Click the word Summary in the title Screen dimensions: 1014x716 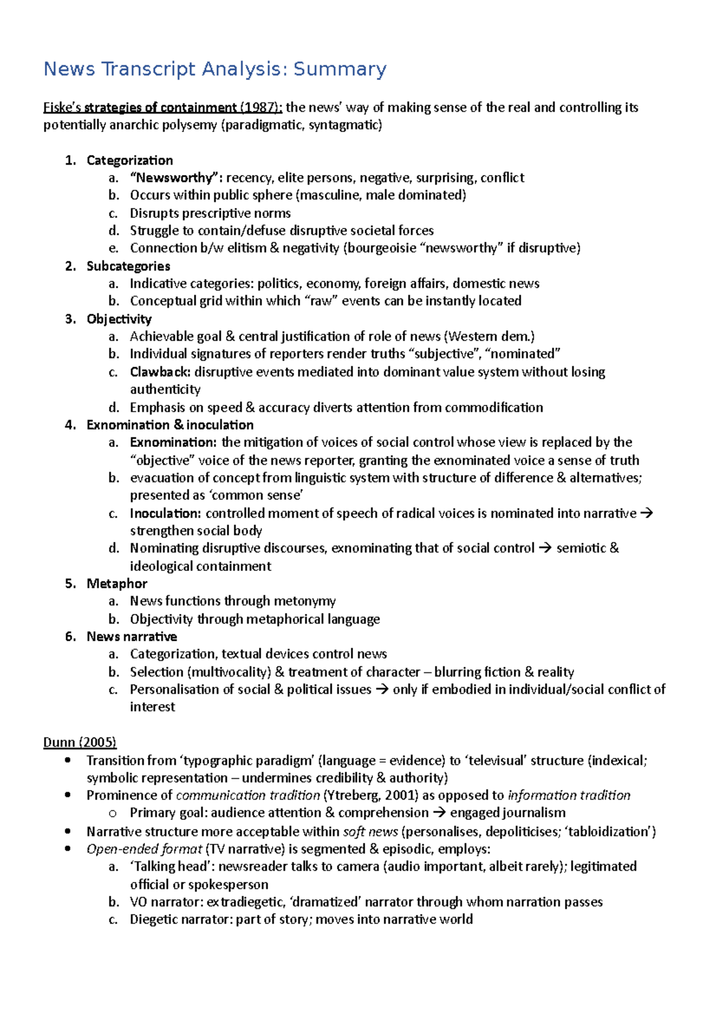tap(340, 69)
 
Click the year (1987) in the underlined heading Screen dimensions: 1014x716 tap(260, 107)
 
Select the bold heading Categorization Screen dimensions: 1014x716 tap(129, 160)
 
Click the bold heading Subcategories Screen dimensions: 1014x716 tap(128, 266)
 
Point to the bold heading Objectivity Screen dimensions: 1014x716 tap(119, 319)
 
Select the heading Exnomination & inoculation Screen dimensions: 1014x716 tap(170, 425)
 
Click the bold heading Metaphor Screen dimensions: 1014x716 tap(116, 583)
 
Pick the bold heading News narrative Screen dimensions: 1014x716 tap(131, 637)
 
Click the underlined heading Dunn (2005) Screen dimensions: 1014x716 tap(79, 742)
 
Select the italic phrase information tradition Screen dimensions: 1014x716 tap(569, 795)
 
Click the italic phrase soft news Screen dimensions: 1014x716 tap(370, 831)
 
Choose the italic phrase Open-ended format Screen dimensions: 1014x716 tap(144, 849)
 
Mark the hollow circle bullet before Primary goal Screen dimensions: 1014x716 tap(113, 813)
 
